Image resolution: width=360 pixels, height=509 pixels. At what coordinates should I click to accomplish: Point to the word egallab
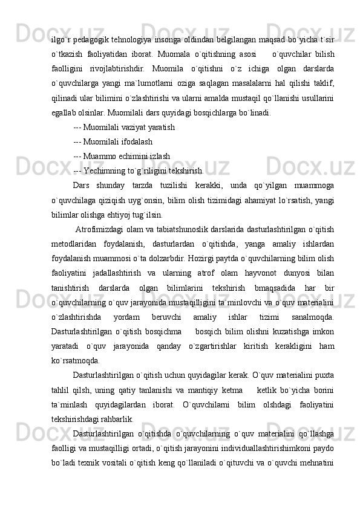point(64,112)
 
